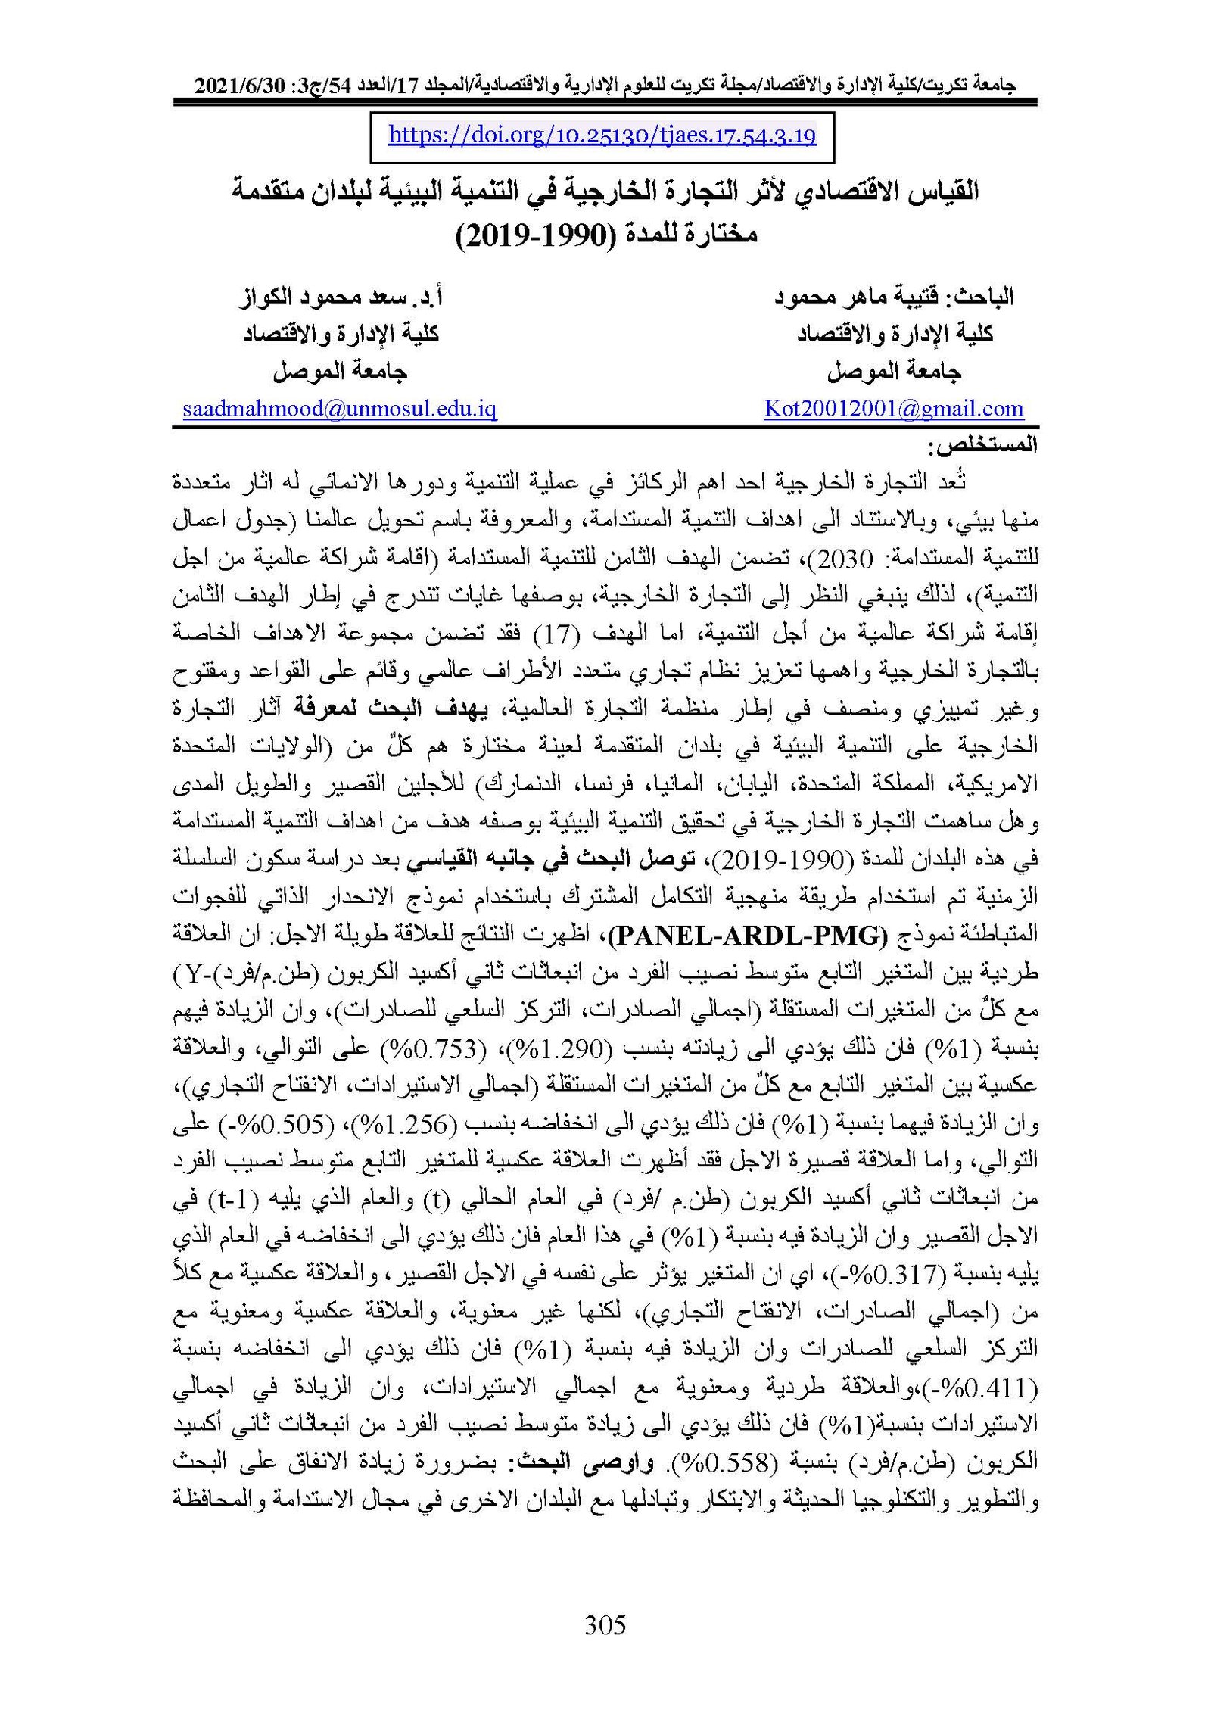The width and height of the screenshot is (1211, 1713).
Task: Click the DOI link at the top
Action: [x=602, y=135]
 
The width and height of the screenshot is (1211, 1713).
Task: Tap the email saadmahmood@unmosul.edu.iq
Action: [x=339, y=410]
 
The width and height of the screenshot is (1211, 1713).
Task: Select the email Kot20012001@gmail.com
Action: [x=893, y=410]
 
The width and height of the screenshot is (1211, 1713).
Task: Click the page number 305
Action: [x=605, y=1624]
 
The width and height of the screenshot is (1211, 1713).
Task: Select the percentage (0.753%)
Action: [x=520, y=1049]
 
